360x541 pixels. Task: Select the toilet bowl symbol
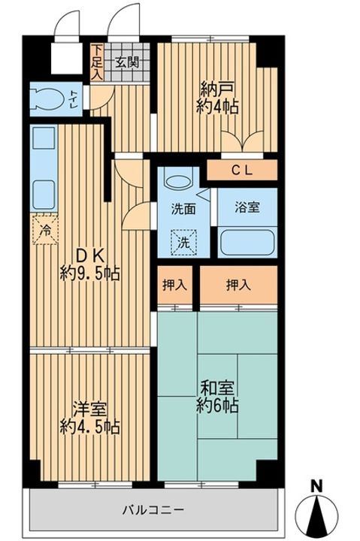[50, 98]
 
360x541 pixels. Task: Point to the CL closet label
[241, 171]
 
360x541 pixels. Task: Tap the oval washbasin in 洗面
[179, 181]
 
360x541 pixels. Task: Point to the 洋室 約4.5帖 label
[89, 418]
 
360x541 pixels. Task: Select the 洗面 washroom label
[184, 208]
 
